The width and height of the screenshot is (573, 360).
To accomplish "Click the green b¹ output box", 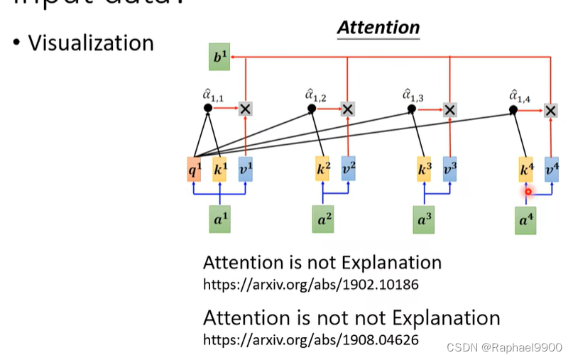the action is (x=219, y=57).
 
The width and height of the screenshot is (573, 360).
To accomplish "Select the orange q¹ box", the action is (x=195, y=170).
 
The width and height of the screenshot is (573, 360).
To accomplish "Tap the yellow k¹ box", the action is (x=219, y=170).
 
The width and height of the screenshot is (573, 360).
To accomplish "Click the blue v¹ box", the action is (x=245, y=170).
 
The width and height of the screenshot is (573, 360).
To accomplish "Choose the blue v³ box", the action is (x=449, y=170).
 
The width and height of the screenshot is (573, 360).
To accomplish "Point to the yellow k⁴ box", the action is (x=526, y=170).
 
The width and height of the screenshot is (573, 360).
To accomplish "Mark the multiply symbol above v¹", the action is (x=245, y=109).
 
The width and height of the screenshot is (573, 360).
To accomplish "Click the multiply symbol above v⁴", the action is (x=551, y=109).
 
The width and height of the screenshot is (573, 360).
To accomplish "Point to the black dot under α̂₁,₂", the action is (x=311, y=109).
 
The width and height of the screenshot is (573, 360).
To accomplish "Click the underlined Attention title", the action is (x=378, y=28).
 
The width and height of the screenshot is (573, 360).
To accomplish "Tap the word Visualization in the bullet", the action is (x=91, y=43).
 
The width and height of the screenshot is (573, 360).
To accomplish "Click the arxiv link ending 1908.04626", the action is (x=310, y=339).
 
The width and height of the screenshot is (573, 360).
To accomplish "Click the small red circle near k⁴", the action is (x=528, y=191).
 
